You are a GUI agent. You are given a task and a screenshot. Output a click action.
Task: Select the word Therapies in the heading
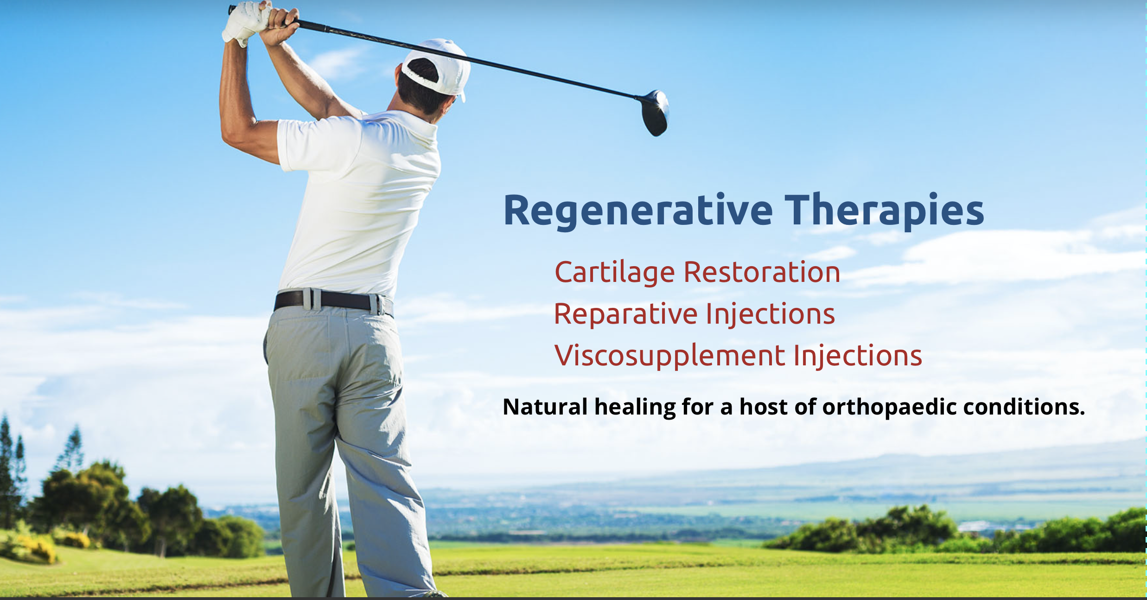(x=884, y=211)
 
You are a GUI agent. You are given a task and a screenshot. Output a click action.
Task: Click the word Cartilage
(x=614, y=273)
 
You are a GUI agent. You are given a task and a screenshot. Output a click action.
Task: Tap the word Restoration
(x=762, y=272)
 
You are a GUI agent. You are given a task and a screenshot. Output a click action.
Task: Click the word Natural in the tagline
(x=545, y=407)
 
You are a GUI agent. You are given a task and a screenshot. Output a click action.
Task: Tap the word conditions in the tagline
(x=1024, y=407)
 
